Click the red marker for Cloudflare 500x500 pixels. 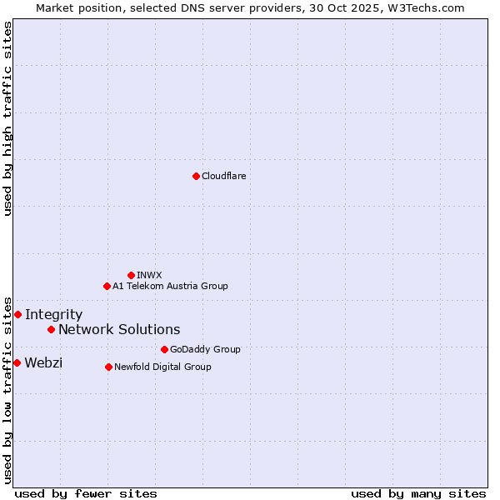tap(196, 176)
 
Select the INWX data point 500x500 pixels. tap(131, 275)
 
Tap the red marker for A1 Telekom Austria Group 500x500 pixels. tap(107, 286)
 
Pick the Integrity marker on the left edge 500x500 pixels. tap(17, 314)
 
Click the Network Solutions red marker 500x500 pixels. tap(51, 329)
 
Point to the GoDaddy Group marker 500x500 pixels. tap(164, 349)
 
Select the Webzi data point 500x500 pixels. tap(17, 362)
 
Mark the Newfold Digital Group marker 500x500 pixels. tap(108, 367)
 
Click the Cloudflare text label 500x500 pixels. tap(223, 176)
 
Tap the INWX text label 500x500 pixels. tap(149, 275)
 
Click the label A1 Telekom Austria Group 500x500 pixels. tap(170, 286)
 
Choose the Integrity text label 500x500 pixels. tap(53, 314)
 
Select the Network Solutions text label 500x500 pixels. tap(119, 329)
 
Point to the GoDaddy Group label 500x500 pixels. tap(205, 349)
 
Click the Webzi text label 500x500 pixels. tap(43, 362)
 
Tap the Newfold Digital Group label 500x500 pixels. tap(162, 367)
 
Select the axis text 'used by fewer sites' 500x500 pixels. tap(86, 493)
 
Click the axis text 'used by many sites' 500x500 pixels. tap(418, 493)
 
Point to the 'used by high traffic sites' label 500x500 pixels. tap(7, 118)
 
